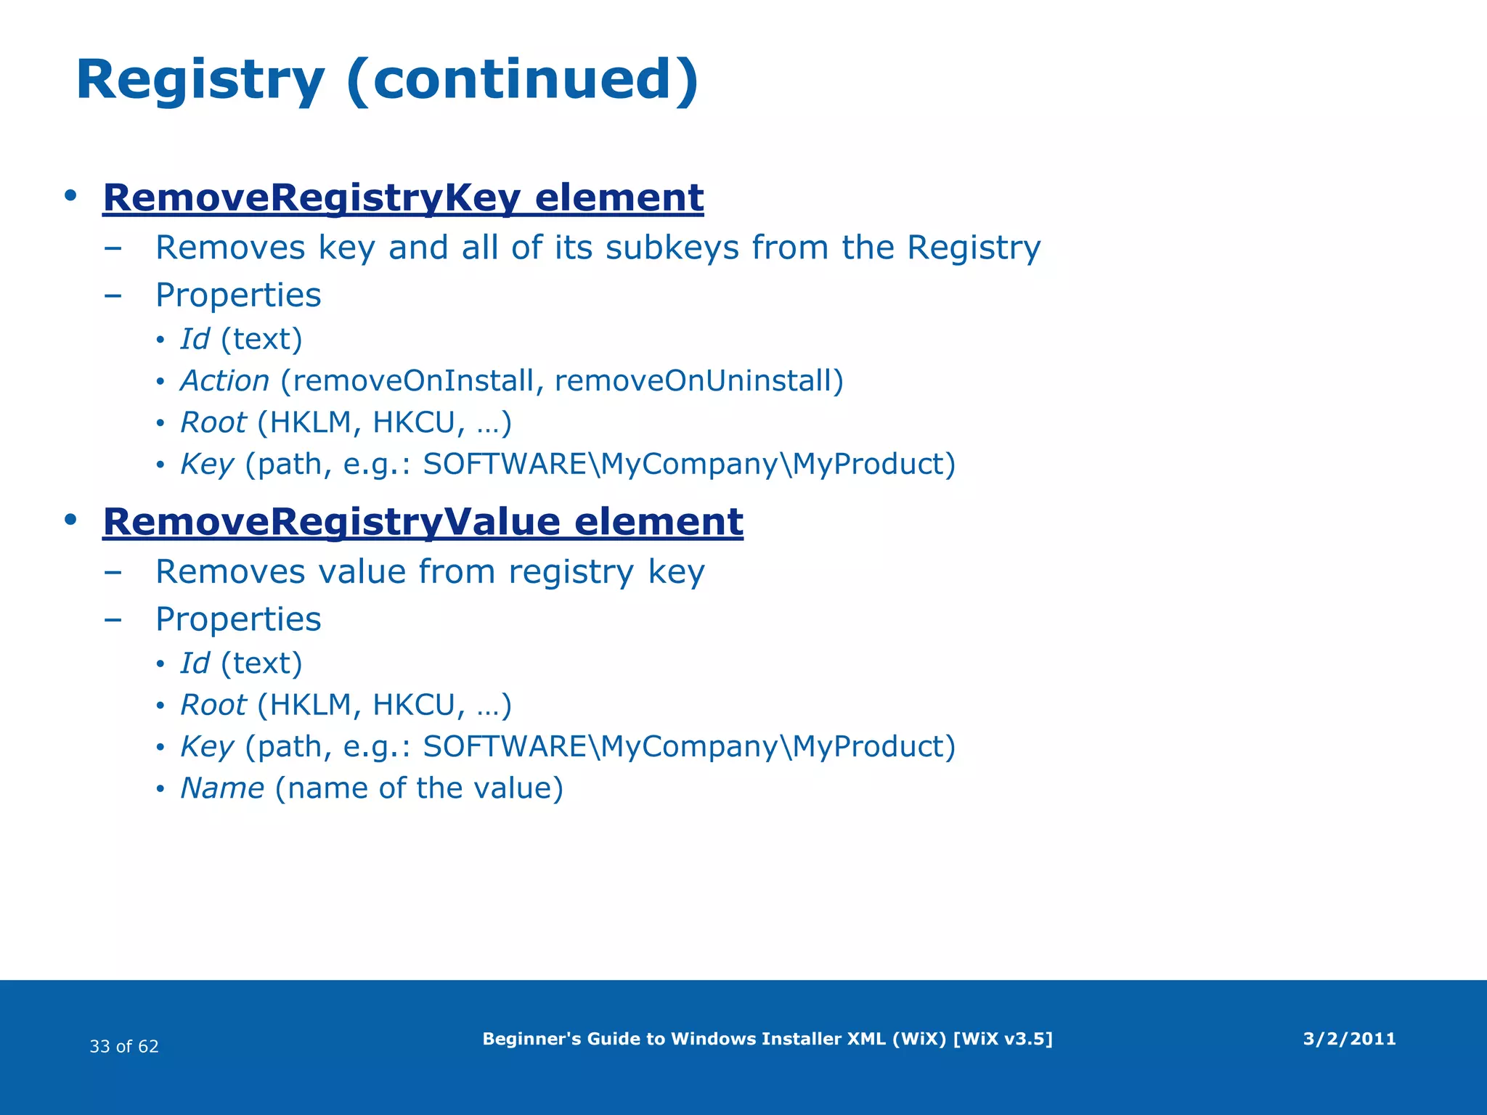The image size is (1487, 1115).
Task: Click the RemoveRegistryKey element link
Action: tap(403, 197)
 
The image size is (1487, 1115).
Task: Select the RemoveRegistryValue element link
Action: tap(423, 522)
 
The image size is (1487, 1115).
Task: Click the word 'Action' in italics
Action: tap(224, 381)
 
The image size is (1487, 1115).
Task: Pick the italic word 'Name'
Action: tap(222, 788)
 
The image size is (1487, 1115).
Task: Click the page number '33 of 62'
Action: tap(124, 1046)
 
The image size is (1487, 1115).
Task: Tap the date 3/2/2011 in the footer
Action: tap(1349, 1039)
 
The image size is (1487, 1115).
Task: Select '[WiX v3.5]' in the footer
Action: tap(1002, 1039)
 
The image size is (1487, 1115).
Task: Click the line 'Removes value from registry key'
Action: tap(430, 572)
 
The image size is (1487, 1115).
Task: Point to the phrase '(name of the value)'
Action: tap(419, 788)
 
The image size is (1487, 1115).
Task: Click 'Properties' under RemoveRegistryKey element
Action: tap(238, 295)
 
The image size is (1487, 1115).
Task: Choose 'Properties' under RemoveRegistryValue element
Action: tap(238, 619)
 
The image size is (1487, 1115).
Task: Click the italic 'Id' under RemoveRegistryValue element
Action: tap(195, 663)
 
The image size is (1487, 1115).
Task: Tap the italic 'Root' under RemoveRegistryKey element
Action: tap(213, 422)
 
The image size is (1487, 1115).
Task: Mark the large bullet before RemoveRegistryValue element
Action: tap(70, 520)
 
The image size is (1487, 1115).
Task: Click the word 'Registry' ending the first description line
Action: tap(974, 248)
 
